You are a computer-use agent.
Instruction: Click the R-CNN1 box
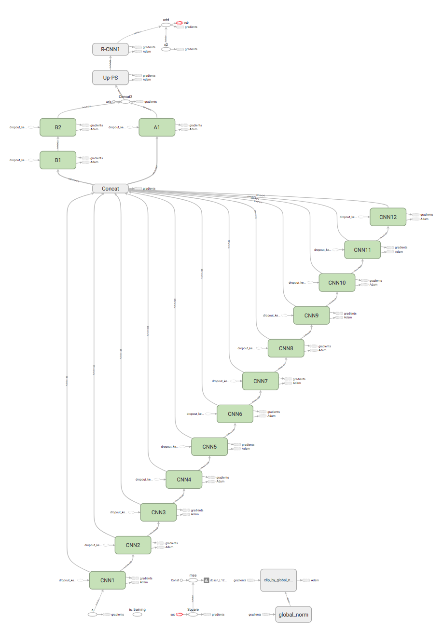pyautogui.click(x=110, y=49)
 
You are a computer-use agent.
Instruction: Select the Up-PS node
pyautogui.click(x=110, y=77)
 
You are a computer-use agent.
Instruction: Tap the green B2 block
pyautogui.click(x=58, y=127)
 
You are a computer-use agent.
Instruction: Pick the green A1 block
pyautogui.click(x=157, y=127)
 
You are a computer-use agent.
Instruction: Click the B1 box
pyautogui.click(x=58, y=160)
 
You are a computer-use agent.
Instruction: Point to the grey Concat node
pyautogui.click(x=110, y=188)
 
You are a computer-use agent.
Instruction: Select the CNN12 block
pyautogui.click(x=388, y=217)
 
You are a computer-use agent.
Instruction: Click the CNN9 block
pyautogui.click(x=311, y=316)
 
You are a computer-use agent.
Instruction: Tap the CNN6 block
pyautogui.click(x=235, y=414)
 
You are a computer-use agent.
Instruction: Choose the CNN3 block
pyautogui.click(x=158, y=512)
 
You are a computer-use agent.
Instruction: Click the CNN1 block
pyautogui.click(x=107, y=580)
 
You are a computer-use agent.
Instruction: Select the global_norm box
pyautogui.click(x=293, y=615)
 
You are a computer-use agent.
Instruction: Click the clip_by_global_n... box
pyautogui.click(x=278, y=580)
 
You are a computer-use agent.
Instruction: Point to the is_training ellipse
pyautogui.click(x=137, y=615)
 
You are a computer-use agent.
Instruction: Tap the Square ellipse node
pyautogui.click(x=193, y=615)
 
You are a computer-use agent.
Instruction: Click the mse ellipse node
pyautogui.click(x=193, y=580)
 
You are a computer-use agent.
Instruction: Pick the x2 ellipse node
pyautogui.click(x=166, y=49)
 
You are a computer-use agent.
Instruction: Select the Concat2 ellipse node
pyautogui.click(x=125, y=101)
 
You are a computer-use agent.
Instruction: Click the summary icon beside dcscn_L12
pyautogui.click(x=206, y=580)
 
